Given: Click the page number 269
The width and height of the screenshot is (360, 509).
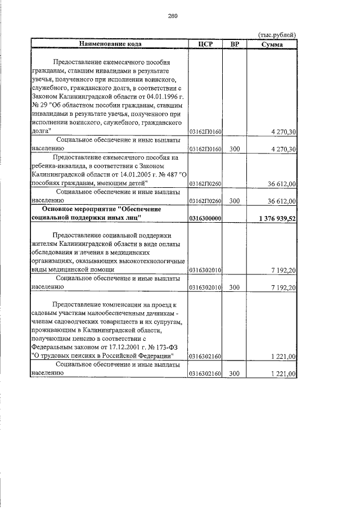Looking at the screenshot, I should coord(173,16).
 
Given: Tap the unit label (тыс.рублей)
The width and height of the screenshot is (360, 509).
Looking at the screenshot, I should coord(277,35).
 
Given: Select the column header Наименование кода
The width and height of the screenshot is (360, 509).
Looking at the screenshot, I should coord(110,43).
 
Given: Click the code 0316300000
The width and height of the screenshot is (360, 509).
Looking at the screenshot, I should coord(205,218).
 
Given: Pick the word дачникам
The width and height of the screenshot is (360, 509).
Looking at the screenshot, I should coord(156,313).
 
